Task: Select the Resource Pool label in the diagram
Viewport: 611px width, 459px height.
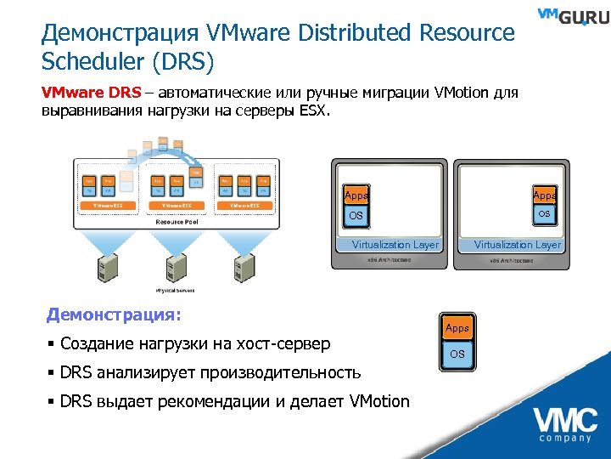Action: pyautogui.click(x=178, y=222)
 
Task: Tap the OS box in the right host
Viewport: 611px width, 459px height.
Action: pyautogui.click(x=545, y=213)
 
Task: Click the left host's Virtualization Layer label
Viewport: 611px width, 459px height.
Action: pyautogui.click(x=395, y=245)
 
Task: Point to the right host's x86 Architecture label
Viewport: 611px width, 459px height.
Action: pyautogui.click(x=512, y=260)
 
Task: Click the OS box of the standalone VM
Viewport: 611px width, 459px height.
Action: pyautogui.click(x=457, y=354)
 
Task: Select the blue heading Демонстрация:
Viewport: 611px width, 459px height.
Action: pyautogui.click(x=114, y=315)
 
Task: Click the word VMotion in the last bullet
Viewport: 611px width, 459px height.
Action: pyautogui.click(x=373, y=401)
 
